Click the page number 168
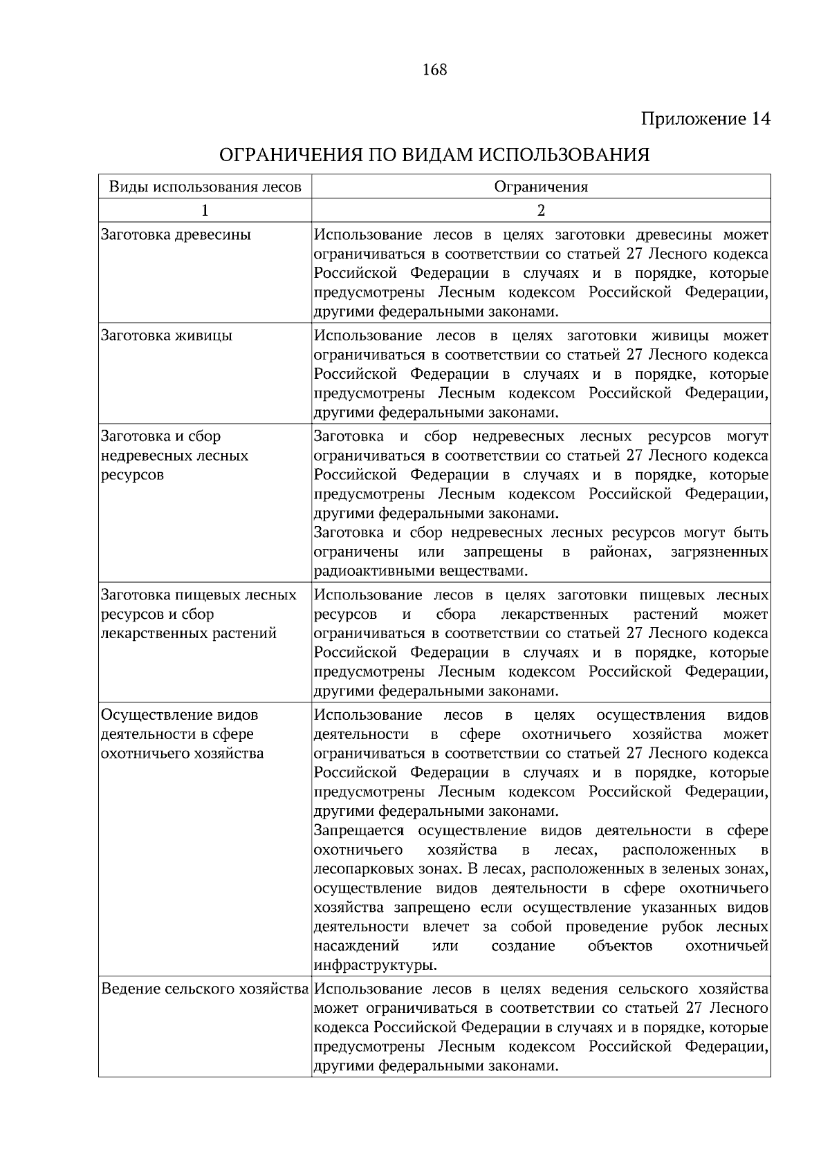coord(434,70)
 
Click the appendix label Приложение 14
coord(705,119)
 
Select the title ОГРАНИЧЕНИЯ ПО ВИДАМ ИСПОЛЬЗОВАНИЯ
coord(434,154)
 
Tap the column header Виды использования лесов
coord(205,187)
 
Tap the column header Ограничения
coord(541,187)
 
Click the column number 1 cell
coord(205,210)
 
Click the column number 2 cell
coord(541,210)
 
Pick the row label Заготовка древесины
coord(176,234)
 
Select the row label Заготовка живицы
coord(167,335)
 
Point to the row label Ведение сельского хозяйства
coord(205,989)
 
